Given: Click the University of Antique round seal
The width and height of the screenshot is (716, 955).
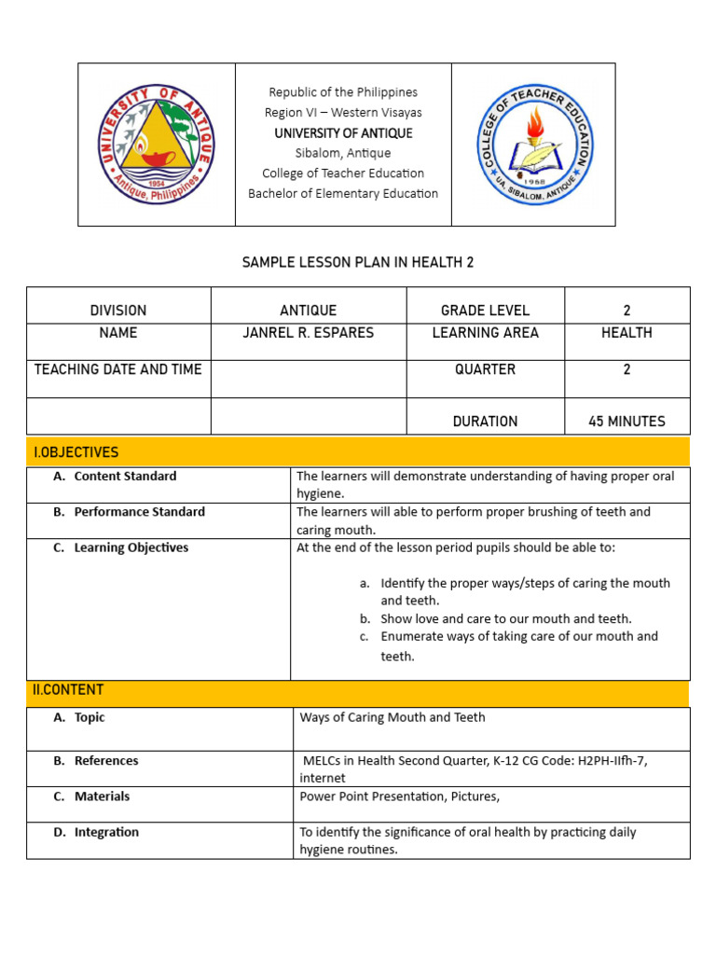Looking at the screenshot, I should tap(157, 144).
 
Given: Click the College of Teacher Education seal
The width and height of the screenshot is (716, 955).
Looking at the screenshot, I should tap(532, 144).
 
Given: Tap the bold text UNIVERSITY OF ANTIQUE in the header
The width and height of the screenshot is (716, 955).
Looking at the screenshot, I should tap(343, 133).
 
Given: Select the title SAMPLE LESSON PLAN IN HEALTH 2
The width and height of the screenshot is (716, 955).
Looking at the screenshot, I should tap(358, 263).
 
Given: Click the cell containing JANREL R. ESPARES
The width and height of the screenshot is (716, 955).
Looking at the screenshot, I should tap(308, 333).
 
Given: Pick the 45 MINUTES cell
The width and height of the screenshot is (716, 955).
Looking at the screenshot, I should tap(626, 422).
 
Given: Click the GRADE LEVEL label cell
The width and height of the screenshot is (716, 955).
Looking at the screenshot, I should tap(485, 311).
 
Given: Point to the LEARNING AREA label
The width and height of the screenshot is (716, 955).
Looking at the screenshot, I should tap(485, 333).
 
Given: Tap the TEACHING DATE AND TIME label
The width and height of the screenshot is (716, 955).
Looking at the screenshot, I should tap(118, 369).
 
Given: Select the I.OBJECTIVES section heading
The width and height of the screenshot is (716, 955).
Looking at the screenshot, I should tap(76, 452).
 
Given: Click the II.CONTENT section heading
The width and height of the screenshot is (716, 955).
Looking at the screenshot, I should tap(69, 690).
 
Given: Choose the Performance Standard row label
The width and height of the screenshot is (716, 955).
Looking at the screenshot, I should tap(139, 512).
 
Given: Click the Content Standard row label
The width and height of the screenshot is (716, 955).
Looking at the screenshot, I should tap(125, 477).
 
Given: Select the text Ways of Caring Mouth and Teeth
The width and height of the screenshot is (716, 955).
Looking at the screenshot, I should tap(392, 717).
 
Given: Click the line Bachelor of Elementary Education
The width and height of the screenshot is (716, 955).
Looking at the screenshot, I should tap(343, 194).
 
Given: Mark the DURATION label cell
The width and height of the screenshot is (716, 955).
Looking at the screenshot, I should tap(485, 422).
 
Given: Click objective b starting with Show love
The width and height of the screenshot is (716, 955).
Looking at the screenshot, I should tap(505, 618).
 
